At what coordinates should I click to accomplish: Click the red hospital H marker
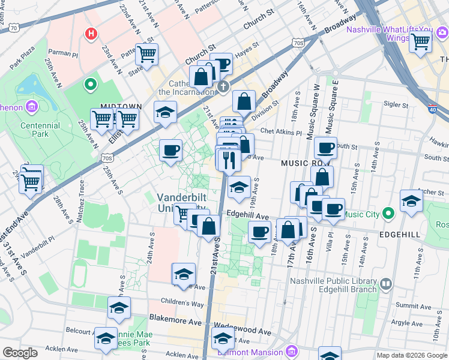click(91, 34)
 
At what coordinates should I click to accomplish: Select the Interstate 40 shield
click(433, 110)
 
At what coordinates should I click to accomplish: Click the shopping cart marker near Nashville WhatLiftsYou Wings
click(420, 42)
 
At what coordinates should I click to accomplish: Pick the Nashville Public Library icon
click(385, 283)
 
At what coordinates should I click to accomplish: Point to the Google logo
click(20, 353)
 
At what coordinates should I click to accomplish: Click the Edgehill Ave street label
click(247, 215)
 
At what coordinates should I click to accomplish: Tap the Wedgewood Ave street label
click(243, 331)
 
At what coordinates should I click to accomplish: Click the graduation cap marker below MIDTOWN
click(165, 112)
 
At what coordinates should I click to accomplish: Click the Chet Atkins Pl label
click(280, 132)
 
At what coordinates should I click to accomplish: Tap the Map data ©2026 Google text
click(411, 355)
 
